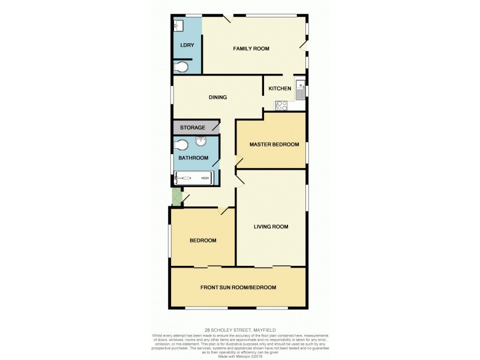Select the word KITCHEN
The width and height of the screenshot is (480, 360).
click(280, 89)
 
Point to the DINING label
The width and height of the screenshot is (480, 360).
click(217, 97)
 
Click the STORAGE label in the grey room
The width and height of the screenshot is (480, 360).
click(193, 128)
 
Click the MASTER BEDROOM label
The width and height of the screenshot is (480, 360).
click(272, 145)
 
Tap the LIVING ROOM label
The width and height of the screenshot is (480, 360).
click(271, 227)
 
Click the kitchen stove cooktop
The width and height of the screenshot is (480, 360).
click(281, 106)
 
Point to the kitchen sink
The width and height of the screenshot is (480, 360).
click(301, 90)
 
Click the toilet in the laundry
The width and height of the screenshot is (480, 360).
click(181, 67)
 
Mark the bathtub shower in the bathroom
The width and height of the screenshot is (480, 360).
click(193, 178)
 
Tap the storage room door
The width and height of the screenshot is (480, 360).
click(214, 127)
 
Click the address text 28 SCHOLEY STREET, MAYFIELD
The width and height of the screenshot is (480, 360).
click(239, 329)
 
